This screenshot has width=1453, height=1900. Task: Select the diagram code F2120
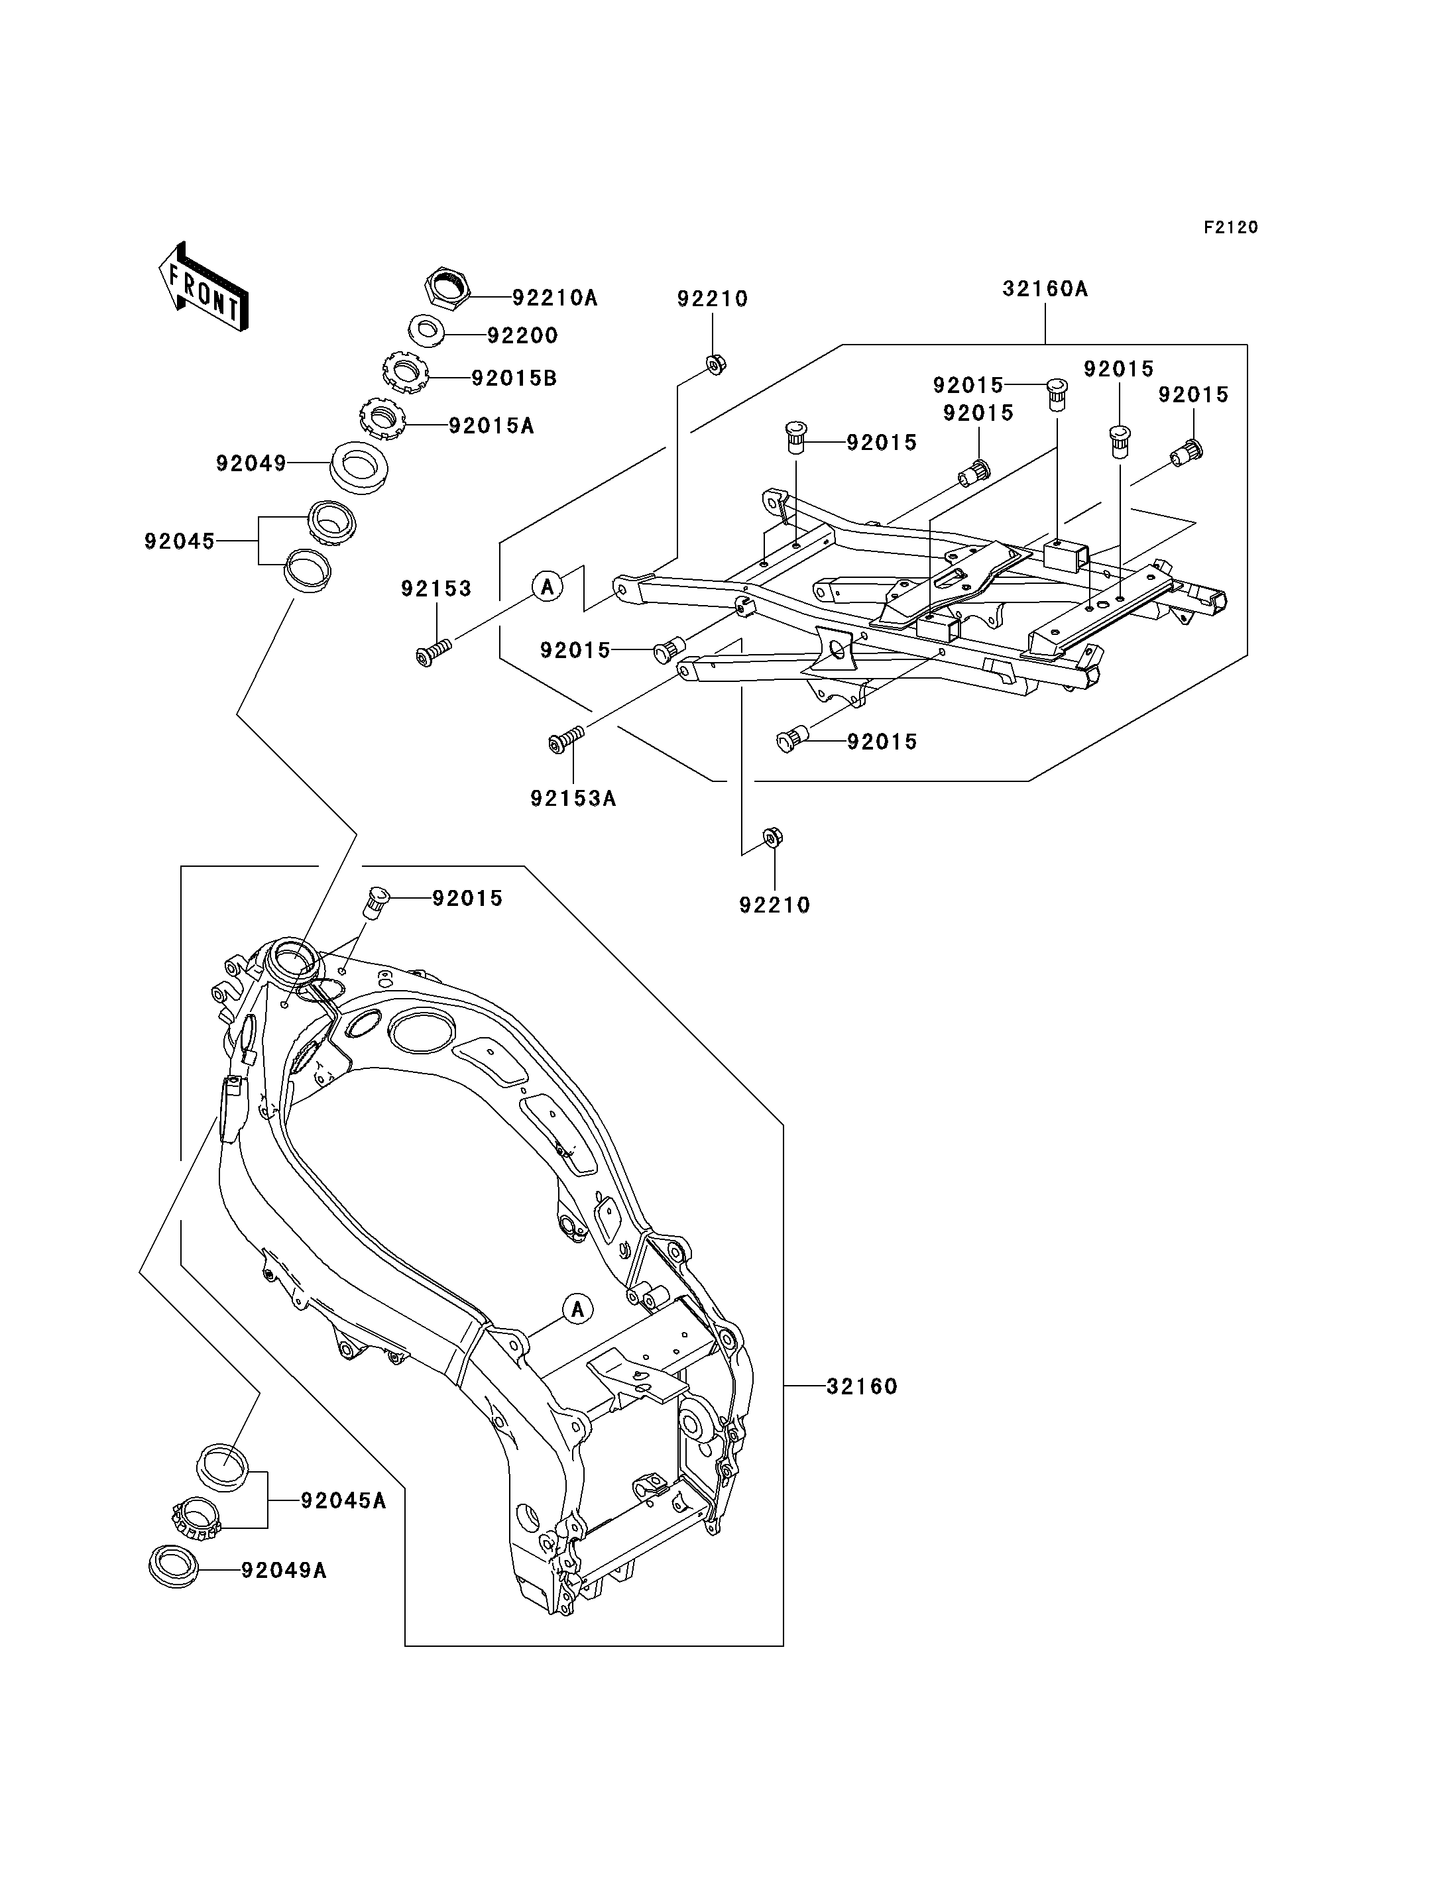(x=1231, y=227)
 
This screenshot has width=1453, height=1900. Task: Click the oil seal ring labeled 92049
(x=359, y=467)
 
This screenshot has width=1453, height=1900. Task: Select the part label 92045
(x=179, y=541)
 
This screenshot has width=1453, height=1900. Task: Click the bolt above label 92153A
(x=567, y=738)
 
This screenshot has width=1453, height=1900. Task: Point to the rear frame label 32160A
(x=1045, y=289)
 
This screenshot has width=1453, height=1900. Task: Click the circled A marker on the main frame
(x=578, y=1308)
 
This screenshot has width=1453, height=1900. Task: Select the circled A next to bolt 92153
(x=548, y=587)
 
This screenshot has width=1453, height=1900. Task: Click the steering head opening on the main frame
(x=294, y=960)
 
